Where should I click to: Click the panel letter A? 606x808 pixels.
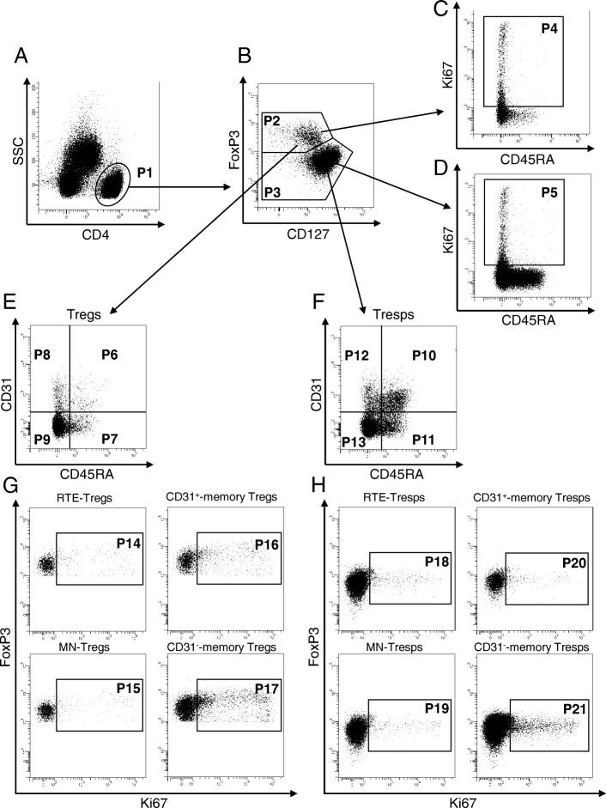click(x=20, y=58)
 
